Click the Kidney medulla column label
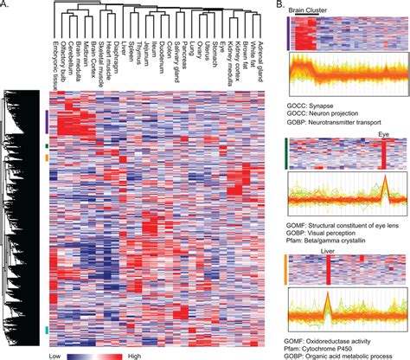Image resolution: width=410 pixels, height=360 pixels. click(x=244, y=63)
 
